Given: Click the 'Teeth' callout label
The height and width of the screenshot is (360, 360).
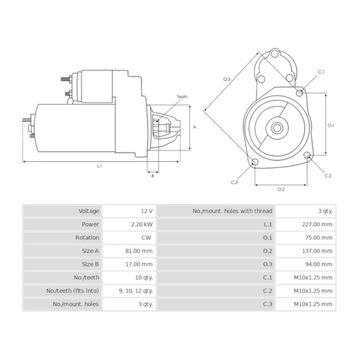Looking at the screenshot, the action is (182, 96).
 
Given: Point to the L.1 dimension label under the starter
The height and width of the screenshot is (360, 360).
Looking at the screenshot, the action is (100, 166).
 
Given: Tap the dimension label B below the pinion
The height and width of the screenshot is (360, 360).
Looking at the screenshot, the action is (153, 176).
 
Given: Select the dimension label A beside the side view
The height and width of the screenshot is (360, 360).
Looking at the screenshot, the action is (195, 127).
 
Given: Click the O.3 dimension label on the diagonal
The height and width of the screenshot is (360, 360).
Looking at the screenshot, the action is (227, 79).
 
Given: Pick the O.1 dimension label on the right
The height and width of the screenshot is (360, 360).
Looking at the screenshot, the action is (330, 125).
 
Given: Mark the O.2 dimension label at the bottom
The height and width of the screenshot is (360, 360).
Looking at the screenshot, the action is (281, 189).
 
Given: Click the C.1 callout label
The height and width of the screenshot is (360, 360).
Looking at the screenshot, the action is (321, 72).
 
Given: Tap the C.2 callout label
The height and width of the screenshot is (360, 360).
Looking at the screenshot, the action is (328, 176).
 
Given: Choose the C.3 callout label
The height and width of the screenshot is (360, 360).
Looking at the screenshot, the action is (234, 182).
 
